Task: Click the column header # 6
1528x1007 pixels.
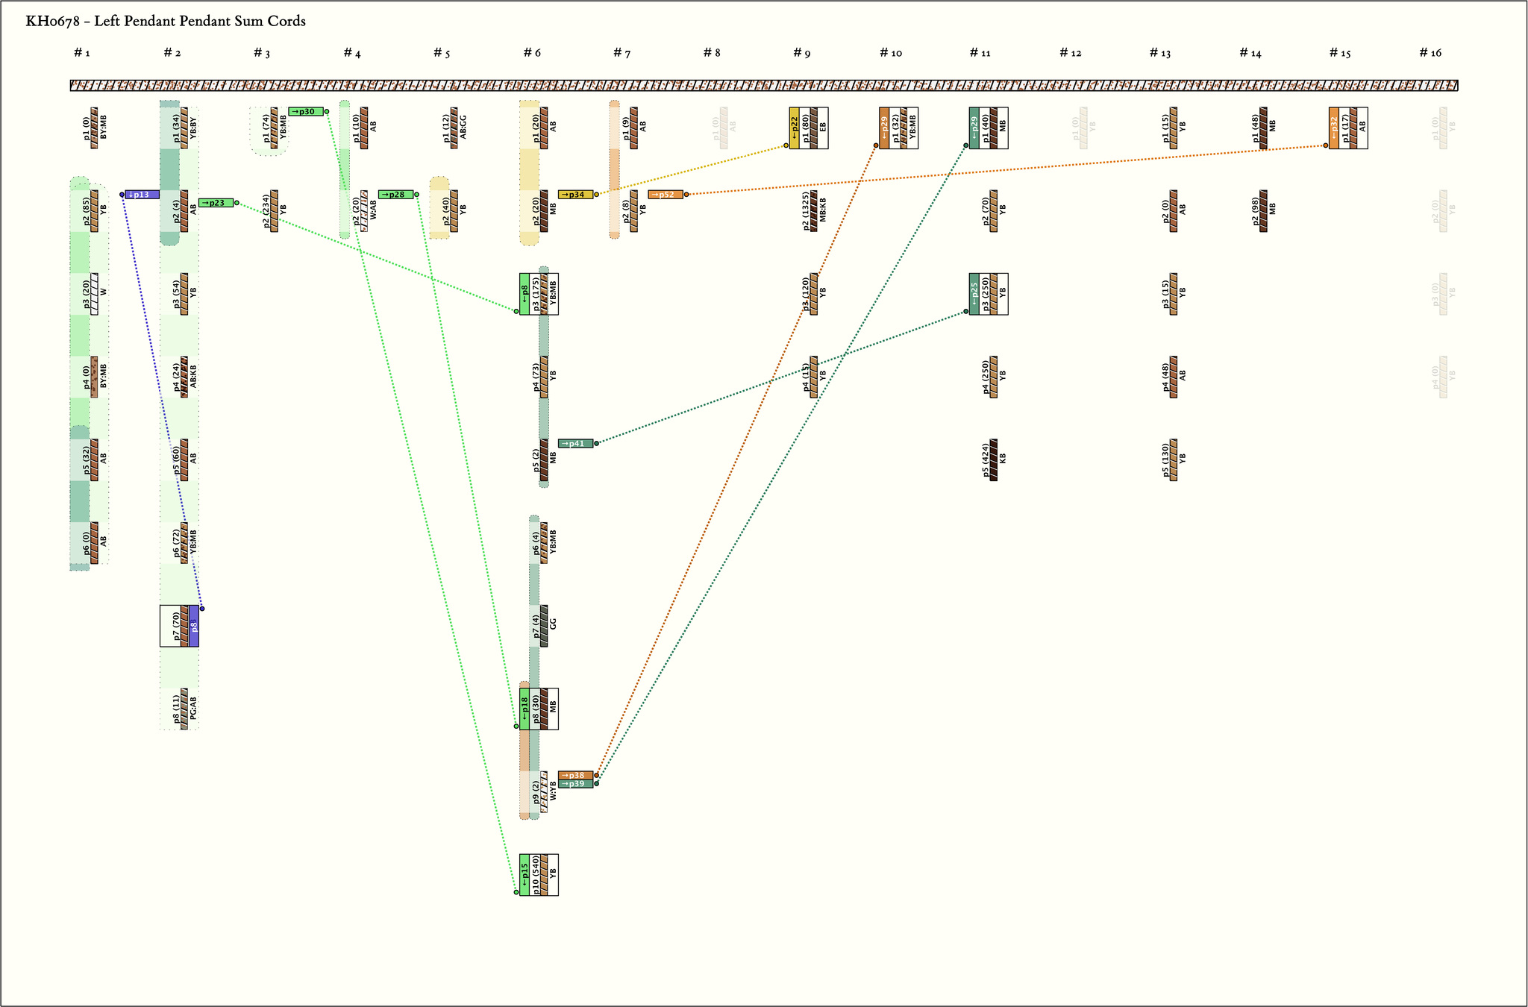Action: [532, 53]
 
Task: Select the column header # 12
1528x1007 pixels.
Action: [1071, 53]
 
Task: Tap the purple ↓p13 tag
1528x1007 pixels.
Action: [142, 195]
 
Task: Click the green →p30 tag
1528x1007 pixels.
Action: [306, 112]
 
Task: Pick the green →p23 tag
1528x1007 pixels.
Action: [216, 203]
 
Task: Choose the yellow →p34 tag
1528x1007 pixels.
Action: [575, 195]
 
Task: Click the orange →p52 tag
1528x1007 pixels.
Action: [666, 195]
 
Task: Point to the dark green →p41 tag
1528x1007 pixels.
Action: [575, 444]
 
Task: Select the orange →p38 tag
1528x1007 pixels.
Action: [575, 775]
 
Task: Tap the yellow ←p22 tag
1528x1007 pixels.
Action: [795, 128]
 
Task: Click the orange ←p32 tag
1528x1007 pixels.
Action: [1334, 128]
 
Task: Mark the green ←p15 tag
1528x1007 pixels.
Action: [525, 874]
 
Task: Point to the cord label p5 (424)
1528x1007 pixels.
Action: [986, 460]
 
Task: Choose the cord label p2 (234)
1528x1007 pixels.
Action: [266, 211]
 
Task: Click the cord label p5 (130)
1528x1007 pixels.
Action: [1165, 460]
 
